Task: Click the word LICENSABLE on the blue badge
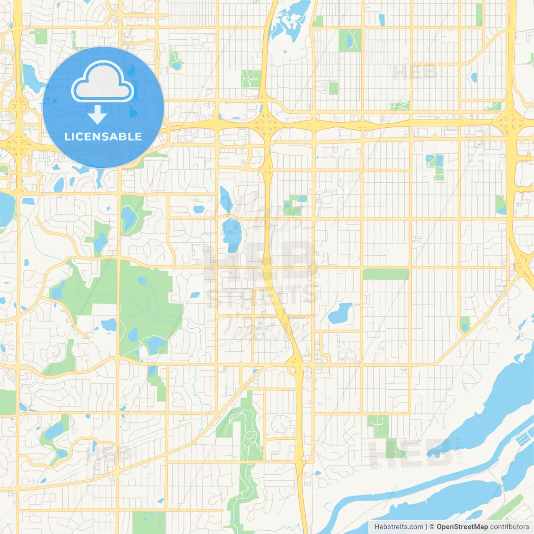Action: coord(103,136)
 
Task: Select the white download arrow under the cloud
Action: coord(97,115)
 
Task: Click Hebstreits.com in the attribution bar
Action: coord(398,527)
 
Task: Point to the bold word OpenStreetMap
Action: coord(462,527)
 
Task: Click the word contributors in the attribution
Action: coord(509,527)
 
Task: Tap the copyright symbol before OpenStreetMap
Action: coord(432,527)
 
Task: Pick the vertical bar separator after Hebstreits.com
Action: coord(426,527)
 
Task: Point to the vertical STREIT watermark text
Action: coord(460,451)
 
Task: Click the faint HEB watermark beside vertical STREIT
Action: coord(411,453)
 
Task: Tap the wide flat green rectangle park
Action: coord(386,274)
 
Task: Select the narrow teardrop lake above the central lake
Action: coord(226,199)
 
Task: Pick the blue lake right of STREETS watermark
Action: coord(340,314)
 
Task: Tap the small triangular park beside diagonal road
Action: coord(465,323)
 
